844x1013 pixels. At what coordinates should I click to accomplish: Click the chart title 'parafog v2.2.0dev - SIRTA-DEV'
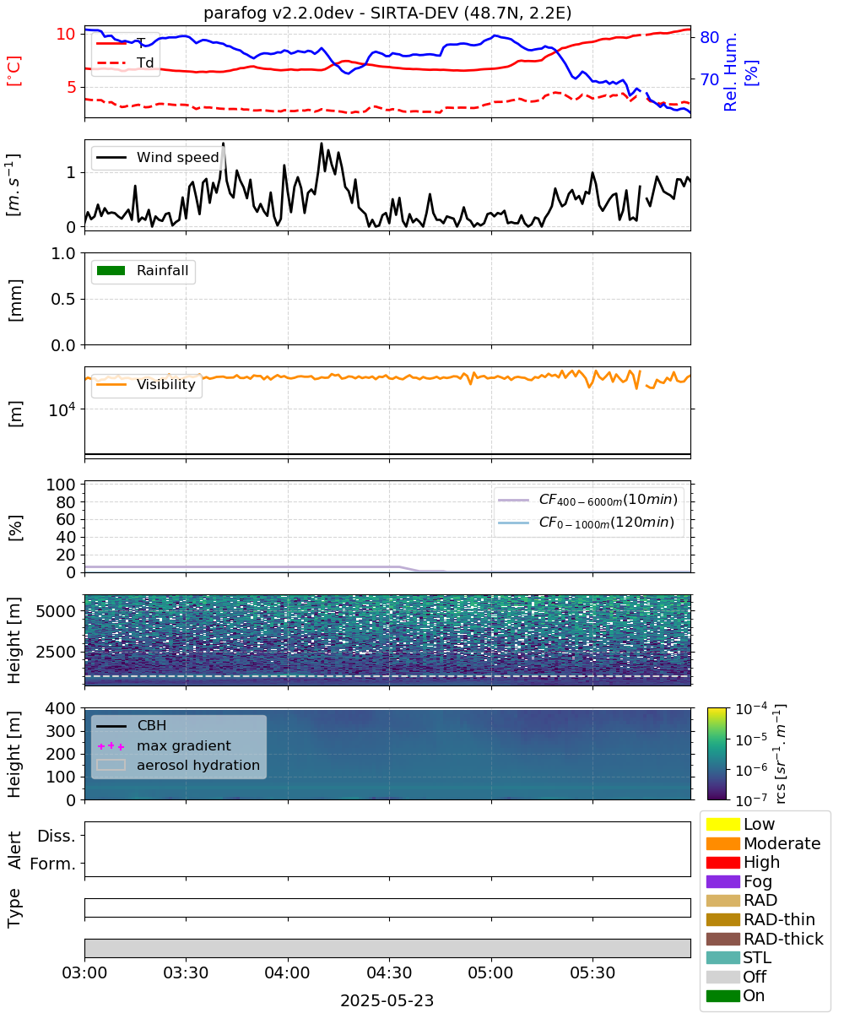click(330, 13)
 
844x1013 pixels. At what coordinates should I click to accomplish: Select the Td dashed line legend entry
click(125, 62)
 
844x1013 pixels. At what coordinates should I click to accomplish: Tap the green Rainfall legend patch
click(111, 271)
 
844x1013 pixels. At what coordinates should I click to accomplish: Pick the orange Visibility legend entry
click(146, 384)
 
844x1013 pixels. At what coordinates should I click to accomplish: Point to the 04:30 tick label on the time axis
click(389, 972)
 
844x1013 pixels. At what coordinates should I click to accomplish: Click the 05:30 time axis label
click(592, 972)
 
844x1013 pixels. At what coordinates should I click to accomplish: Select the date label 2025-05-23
click(387, 1000)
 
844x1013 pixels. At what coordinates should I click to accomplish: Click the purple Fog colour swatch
click(722, 881)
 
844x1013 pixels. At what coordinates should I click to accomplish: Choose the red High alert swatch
click(722, 863)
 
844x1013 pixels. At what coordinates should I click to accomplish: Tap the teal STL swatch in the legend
click(722, 957)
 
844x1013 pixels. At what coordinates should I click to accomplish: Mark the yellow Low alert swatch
click(722, 824)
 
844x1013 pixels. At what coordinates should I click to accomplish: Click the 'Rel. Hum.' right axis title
click(731, 72)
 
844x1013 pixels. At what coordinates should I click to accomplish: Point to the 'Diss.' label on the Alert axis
click(57, 836)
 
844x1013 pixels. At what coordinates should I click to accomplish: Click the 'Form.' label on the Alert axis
click(53, 864)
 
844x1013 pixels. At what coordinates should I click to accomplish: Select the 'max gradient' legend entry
click(164, 745)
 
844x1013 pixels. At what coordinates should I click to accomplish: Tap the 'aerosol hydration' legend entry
click(178, 765)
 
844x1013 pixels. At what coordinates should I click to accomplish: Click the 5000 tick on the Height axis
click(56, 611)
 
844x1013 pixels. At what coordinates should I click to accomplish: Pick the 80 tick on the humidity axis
click(709, 37)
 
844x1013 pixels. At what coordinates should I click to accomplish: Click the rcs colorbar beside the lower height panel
click(717, 754)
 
